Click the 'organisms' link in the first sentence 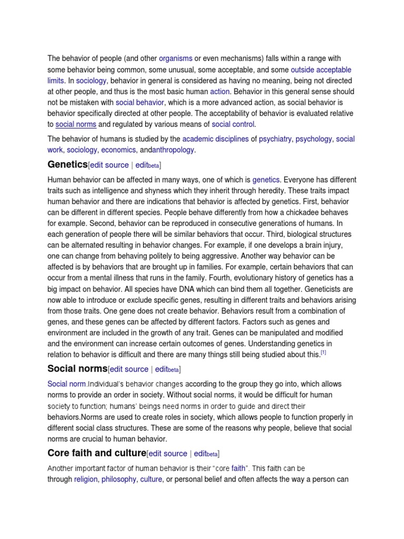coord(176,58)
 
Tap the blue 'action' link coord(220,92)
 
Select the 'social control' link coord(233,124)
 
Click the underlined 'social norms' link coord(75,124)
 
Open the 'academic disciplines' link coord(215,139)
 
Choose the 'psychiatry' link coord(275,139)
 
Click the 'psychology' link coord(314,139)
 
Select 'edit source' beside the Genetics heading coord(109,165)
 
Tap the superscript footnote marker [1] coord(324,353)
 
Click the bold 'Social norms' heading coord(77,368)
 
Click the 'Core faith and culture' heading coord(96,453)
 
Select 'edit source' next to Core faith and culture coord(168,453)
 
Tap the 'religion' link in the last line coord(86,479)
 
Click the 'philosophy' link coord(118,479)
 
